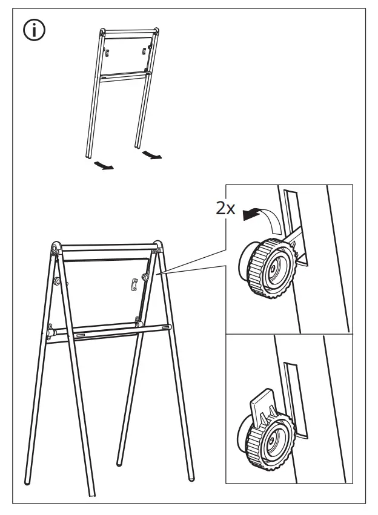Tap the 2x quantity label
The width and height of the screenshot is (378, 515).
[x=225, y=209]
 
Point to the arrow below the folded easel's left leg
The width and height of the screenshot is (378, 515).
[x=102, y=166]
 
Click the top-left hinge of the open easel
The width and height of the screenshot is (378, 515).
[x=55, y=248]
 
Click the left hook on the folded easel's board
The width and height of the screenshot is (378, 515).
[x=107, y=53]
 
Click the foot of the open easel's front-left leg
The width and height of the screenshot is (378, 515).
[x=28, y=482]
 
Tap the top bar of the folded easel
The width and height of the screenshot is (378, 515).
[x=129, y=31]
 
